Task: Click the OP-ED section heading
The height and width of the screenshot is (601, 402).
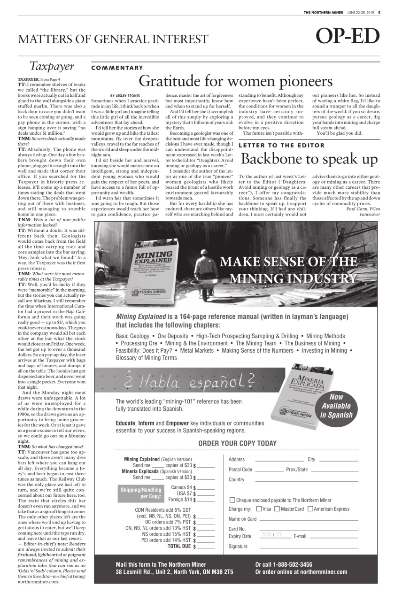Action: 348,37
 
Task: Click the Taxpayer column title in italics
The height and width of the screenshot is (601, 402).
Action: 52,66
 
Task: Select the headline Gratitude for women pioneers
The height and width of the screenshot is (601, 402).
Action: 235,81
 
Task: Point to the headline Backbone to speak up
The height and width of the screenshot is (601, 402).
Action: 309,159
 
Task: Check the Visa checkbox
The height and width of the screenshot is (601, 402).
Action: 259,509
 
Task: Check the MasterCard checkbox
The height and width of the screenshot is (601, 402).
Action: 277,509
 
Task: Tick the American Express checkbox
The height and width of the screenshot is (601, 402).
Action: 310,509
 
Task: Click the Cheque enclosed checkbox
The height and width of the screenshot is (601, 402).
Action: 232,500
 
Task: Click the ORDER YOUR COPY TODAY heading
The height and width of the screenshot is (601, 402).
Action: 237,443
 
